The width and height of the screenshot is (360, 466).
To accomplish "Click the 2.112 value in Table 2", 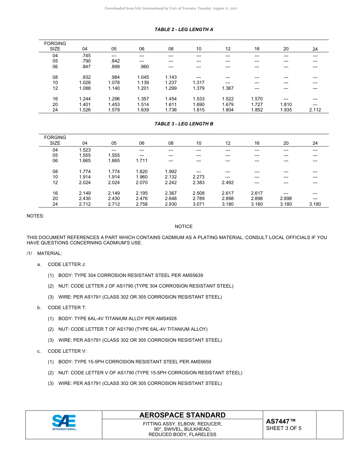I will (315, 110).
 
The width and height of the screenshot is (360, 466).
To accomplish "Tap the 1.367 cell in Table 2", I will (228, 88).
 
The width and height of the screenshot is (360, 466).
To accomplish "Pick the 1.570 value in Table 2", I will (257, 99).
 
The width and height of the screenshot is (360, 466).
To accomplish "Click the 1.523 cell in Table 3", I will (85, 150).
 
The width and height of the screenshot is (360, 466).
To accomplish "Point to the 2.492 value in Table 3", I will (228, 183).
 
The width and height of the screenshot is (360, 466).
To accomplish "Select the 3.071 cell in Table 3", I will (199, 204).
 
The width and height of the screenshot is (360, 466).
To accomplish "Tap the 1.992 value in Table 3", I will (171, 172).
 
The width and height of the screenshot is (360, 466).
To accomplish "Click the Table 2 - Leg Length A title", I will (184, 30).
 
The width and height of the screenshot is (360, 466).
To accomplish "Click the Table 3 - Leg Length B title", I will (184, 124).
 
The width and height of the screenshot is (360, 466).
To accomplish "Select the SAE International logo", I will (64, 422).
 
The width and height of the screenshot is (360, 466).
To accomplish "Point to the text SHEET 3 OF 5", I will (284, 428).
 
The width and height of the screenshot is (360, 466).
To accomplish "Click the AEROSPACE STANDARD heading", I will (182, 415).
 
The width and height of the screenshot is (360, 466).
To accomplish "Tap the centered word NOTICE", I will (184, 227).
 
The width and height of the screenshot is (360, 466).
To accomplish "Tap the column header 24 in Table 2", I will (315, 49).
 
